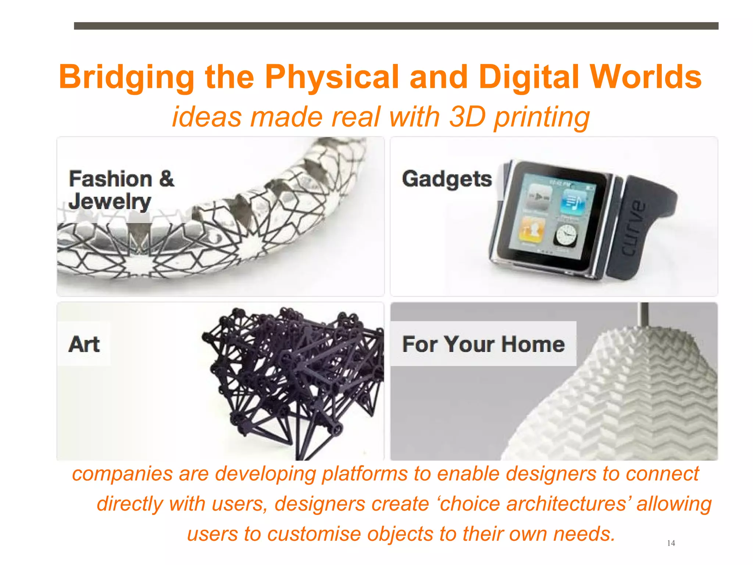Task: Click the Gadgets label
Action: pos(447,179)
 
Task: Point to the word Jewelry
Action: pos(110,202)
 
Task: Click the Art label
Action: pos(84,344)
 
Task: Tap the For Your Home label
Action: pos(483,344)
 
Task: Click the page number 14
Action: pos(671,543)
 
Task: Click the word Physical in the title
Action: pos(332,77)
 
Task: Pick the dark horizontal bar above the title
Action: pos(396,26)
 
